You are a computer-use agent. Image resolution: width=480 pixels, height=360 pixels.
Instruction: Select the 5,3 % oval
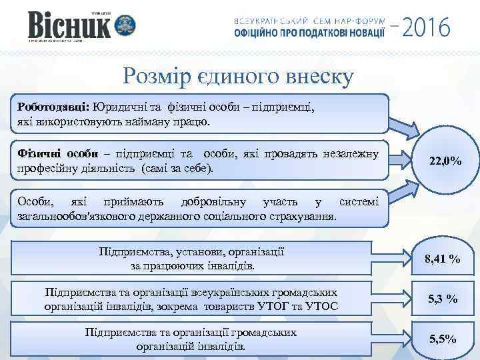coord(443,299)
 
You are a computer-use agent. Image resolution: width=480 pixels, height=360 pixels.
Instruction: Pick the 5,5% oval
coord(443,339)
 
